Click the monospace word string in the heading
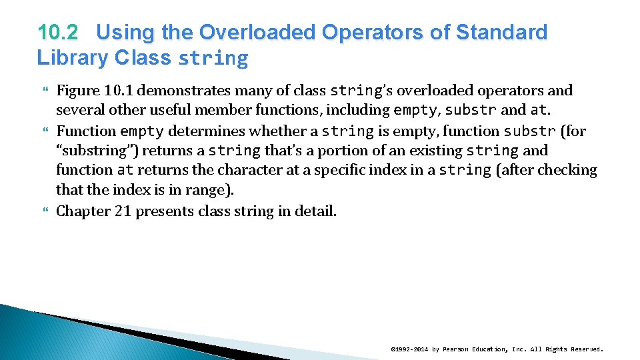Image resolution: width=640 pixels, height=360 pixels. (213, 59)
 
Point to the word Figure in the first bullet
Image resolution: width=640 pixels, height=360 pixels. (77, 90)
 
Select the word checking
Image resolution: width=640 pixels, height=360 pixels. (567, 170)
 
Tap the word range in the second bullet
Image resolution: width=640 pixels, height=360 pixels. (209, 190)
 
